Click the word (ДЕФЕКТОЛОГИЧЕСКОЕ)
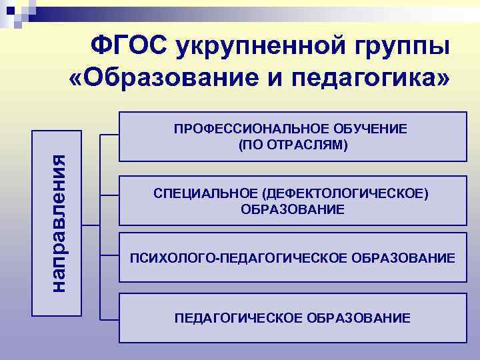pyautogui.click(x=346, y=194)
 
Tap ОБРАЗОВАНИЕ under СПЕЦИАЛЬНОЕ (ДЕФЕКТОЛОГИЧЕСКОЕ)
pyautogui.click(x=293, y=209)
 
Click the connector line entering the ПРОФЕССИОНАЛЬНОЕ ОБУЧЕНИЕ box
pyautogui.click(x=109, y=135)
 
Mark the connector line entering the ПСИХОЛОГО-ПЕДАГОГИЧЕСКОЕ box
pyautogui.click(x=109, y=255)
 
